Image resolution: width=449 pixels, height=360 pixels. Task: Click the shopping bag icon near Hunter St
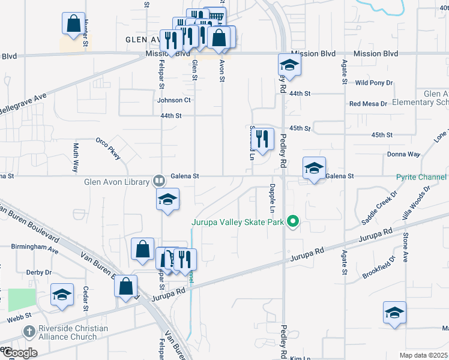73,24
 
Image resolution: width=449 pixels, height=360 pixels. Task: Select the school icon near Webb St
62,295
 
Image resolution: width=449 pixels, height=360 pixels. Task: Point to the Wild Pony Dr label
374,82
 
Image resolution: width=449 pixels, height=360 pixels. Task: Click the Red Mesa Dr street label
369,104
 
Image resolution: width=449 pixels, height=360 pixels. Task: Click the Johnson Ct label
174,100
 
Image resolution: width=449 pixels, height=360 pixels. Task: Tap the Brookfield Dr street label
379,268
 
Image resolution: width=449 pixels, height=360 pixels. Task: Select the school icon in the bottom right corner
395,313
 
